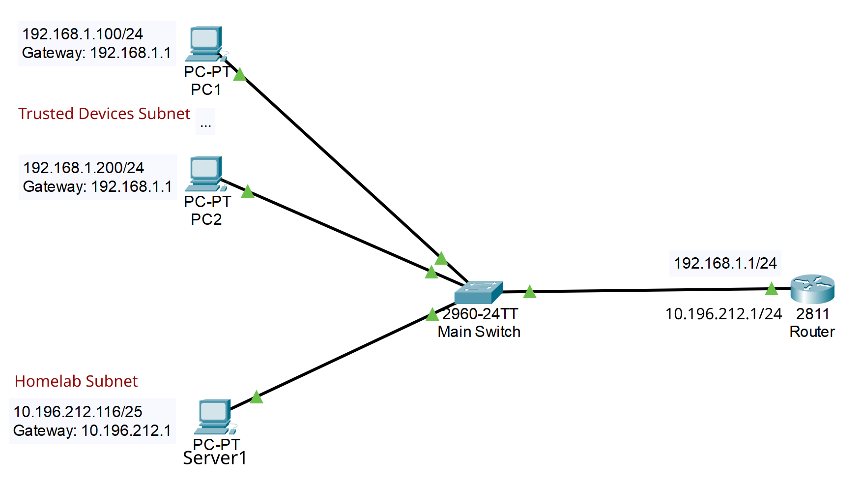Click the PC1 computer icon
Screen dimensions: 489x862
205,43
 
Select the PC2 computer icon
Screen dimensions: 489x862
205,173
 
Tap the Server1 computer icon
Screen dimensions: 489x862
215,416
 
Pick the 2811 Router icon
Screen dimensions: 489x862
812,289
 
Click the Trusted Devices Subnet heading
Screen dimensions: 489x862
104,114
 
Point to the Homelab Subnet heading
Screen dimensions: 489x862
76,381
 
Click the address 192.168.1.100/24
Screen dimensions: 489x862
83,34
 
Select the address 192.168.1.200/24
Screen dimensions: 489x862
84,168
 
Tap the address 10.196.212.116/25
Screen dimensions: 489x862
78,412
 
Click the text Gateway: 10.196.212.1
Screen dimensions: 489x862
92,430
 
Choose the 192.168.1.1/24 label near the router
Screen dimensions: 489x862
725,263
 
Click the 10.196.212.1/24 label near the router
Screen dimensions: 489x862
723,314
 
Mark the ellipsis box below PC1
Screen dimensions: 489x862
205,122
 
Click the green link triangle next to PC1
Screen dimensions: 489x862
239,75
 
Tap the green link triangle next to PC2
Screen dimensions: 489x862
248,192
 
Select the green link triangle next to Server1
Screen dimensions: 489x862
257,397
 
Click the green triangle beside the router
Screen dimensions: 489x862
772,289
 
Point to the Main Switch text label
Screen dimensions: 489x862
479,332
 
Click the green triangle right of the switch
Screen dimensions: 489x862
529,292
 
